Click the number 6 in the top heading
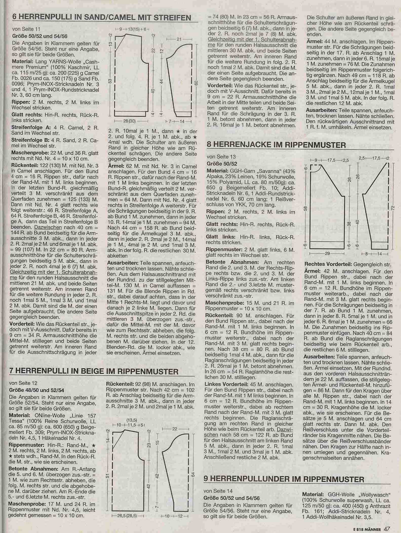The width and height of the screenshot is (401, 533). (x=14, y=17)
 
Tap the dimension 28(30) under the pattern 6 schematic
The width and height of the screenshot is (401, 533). (x=129, y=121)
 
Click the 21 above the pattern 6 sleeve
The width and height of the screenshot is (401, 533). (x=179, y=39)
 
